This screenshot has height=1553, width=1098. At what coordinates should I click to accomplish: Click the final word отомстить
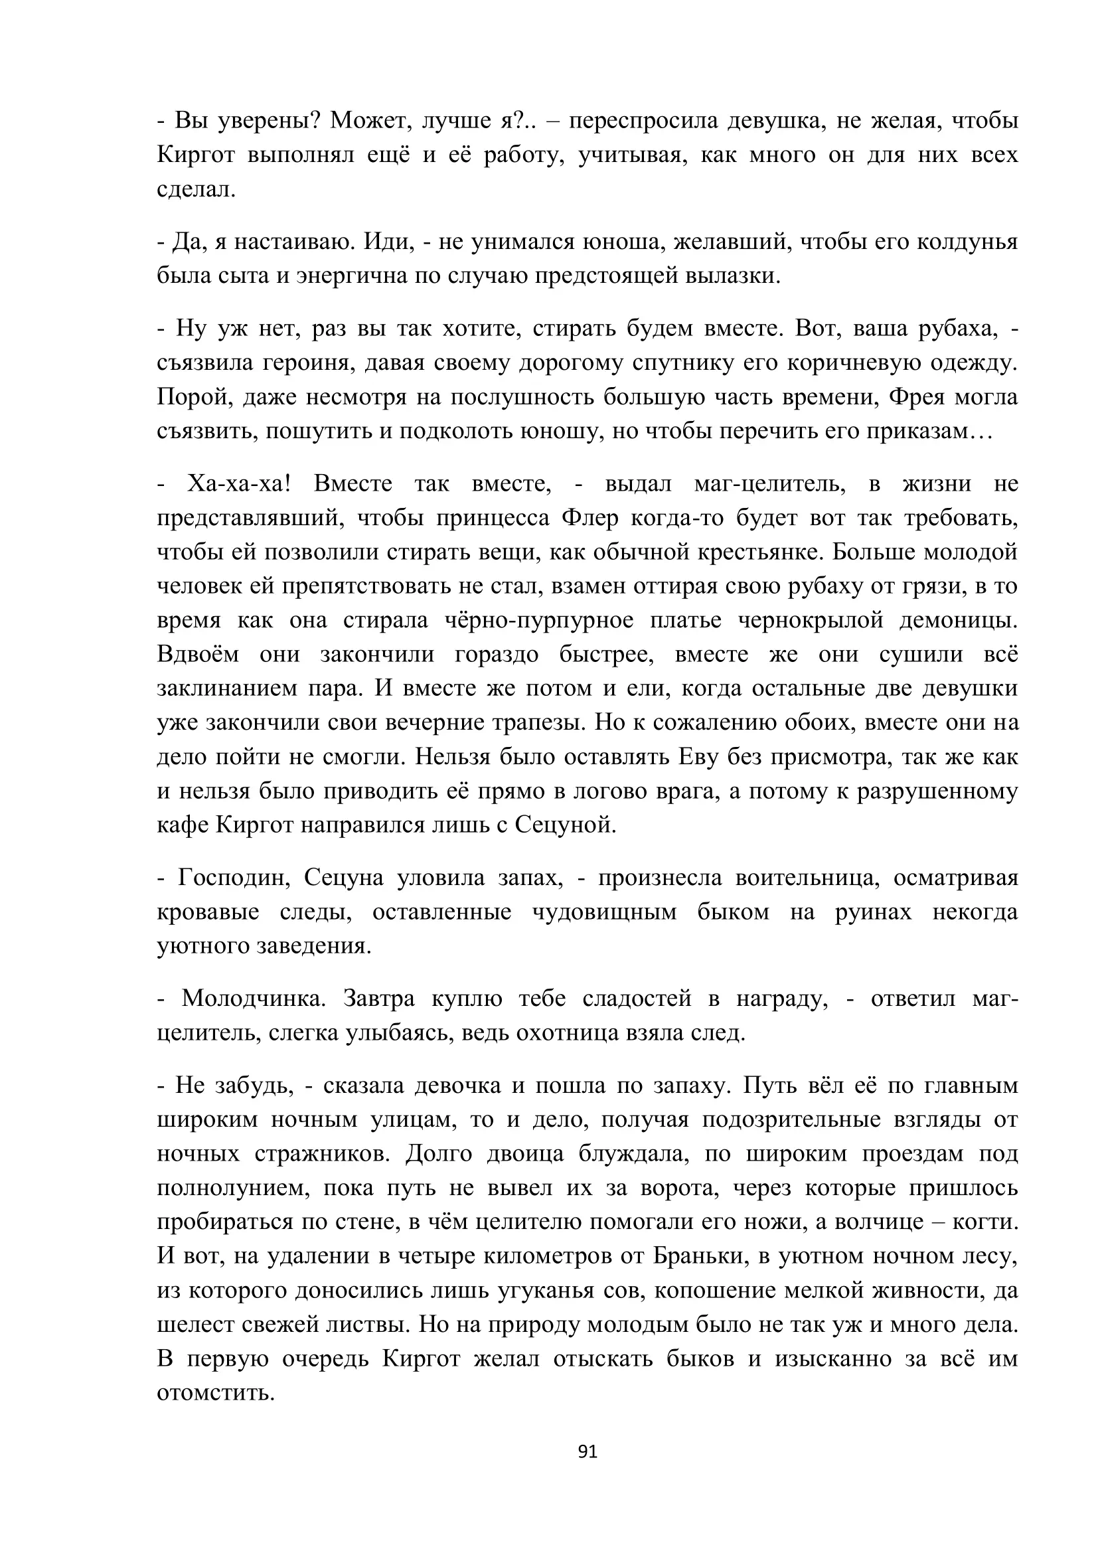(215, 1394)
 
